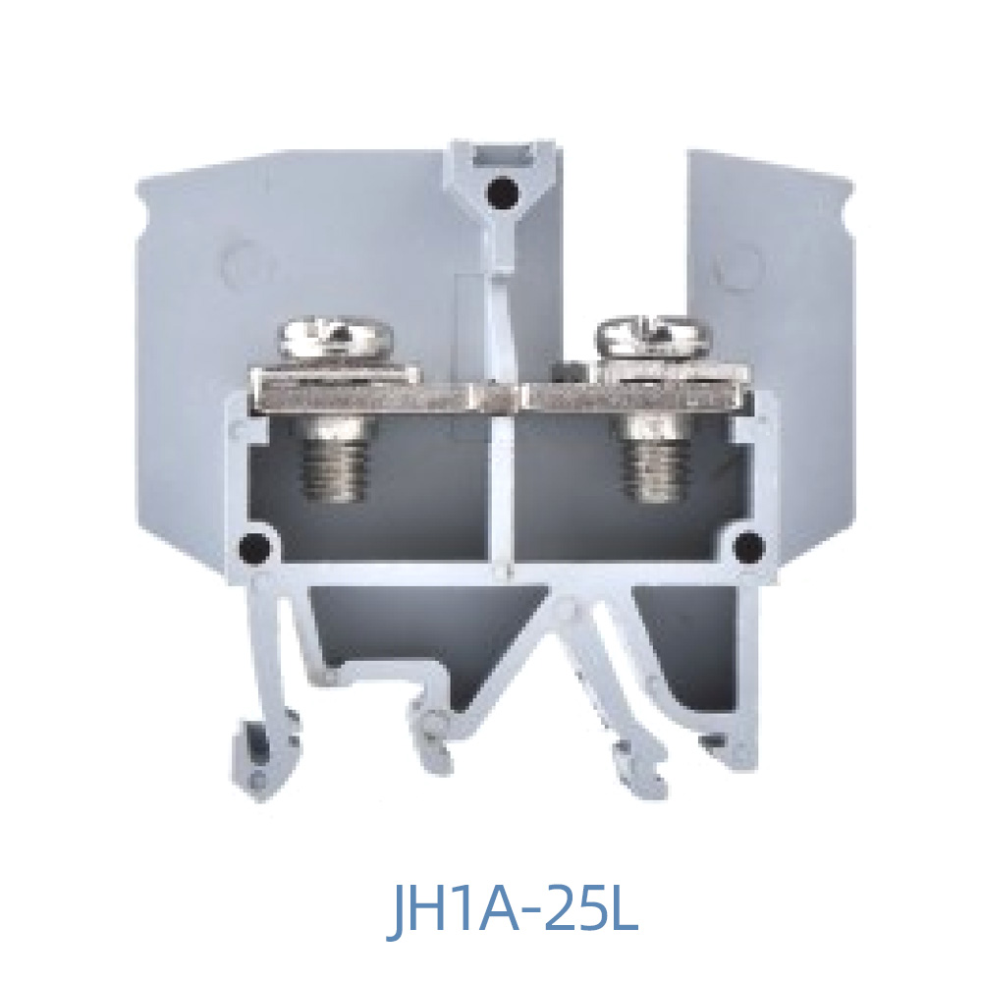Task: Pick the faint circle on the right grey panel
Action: pyautogui.click(x=737, y=262)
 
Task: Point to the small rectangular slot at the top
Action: pyautogui.click(x=502, y=155)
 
